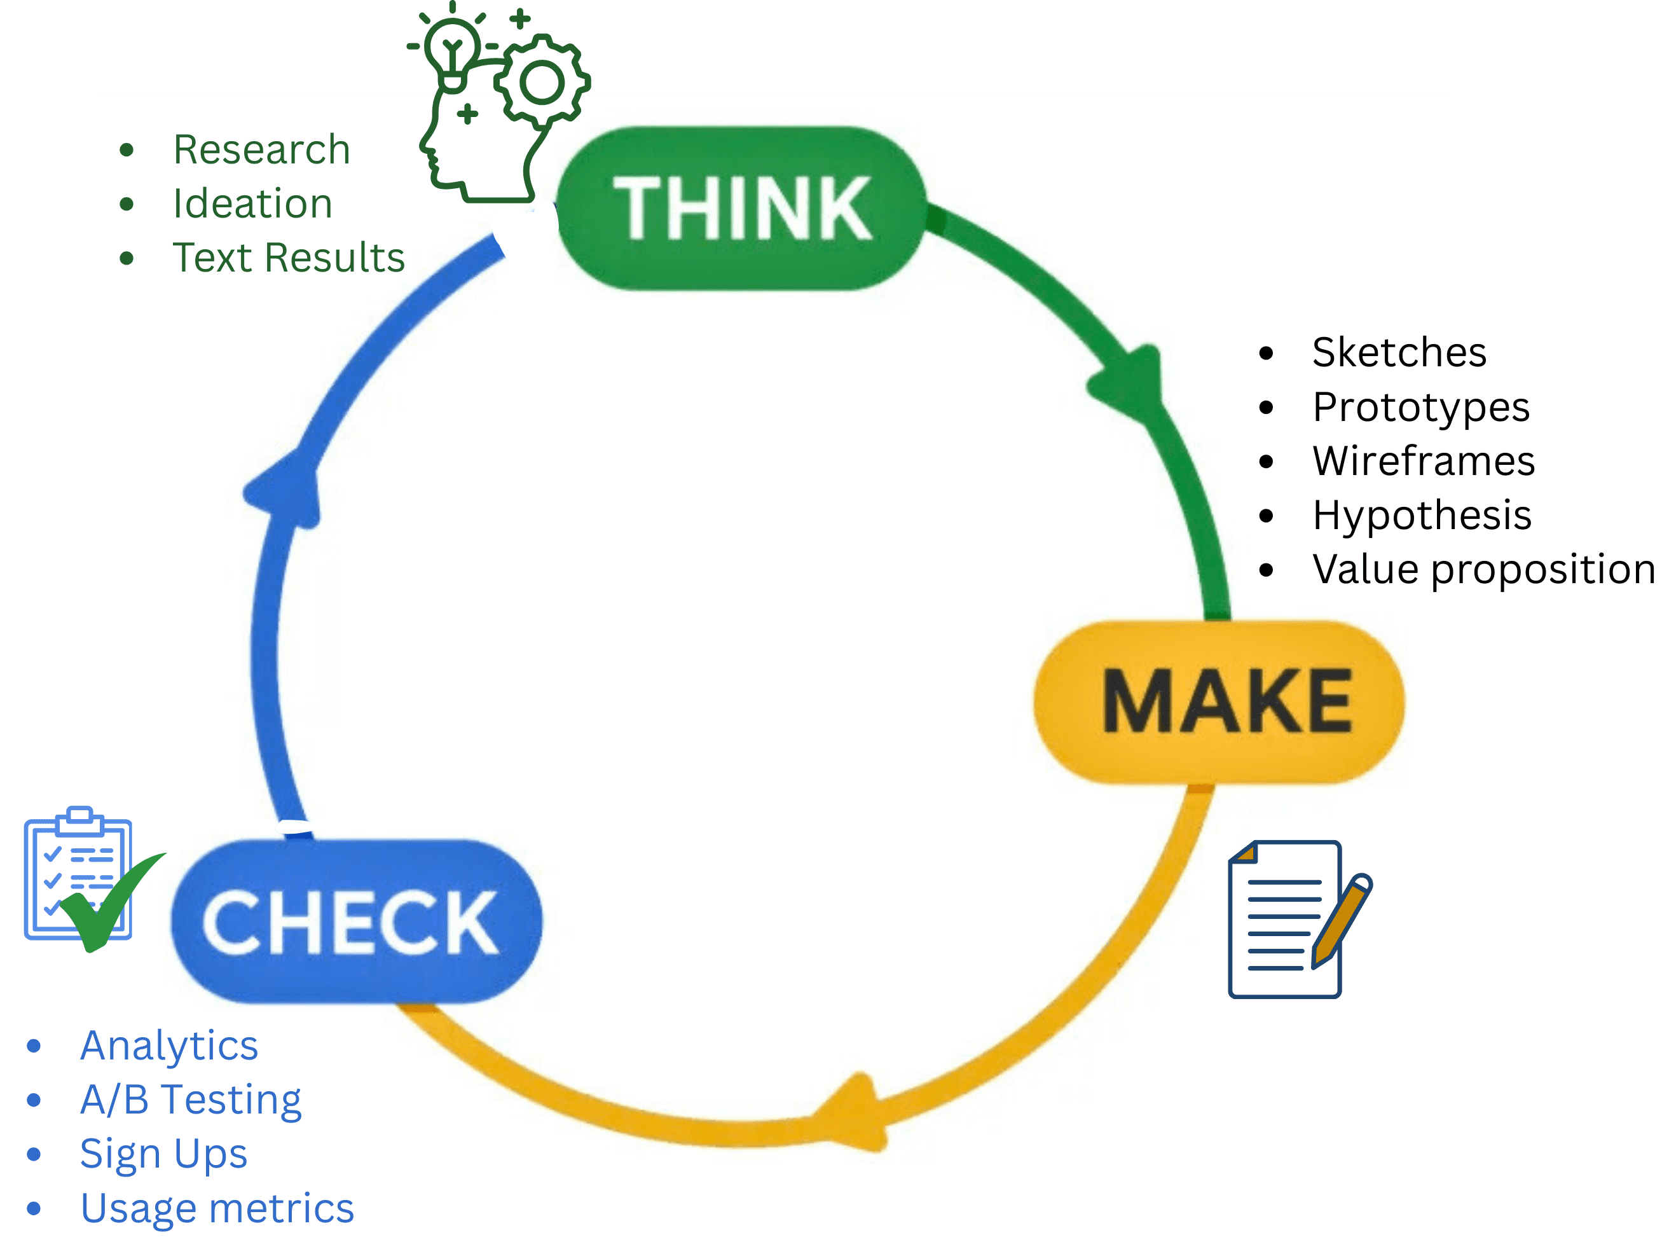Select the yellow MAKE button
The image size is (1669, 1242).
click(1219, 701)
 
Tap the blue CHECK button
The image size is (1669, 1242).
click(356, 921)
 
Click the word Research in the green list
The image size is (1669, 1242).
click(261, 149)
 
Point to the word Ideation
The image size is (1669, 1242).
click(252, 204)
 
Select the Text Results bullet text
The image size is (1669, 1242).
click(289, 258)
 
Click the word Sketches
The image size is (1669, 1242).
click(1399, 352)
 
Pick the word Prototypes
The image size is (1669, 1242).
click(1420, 407)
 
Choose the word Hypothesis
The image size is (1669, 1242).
click(1422, 515)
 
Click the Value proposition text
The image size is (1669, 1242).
click(1483, 569)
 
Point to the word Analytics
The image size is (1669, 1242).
click(170, 1045)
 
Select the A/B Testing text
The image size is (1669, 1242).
click(191, 1100)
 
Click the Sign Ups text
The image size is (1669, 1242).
click(164, 1154)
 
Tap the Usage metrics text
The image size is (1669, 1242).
click(217, 1208)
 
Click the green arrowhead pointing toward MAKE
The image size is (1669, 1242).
click(1131, 383)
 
